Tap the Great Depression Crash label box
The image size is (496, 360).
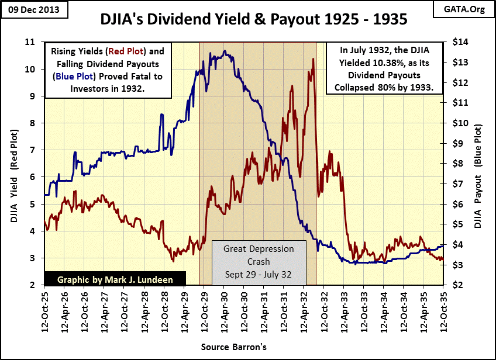pyautogui.click(x=259, y=261)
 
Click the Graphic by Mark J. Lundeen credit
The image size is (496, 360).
pyautogui.click(x=115, y=279)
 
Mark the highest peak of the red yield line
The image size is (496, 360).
pyautogui.click(x=314, y=59)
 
